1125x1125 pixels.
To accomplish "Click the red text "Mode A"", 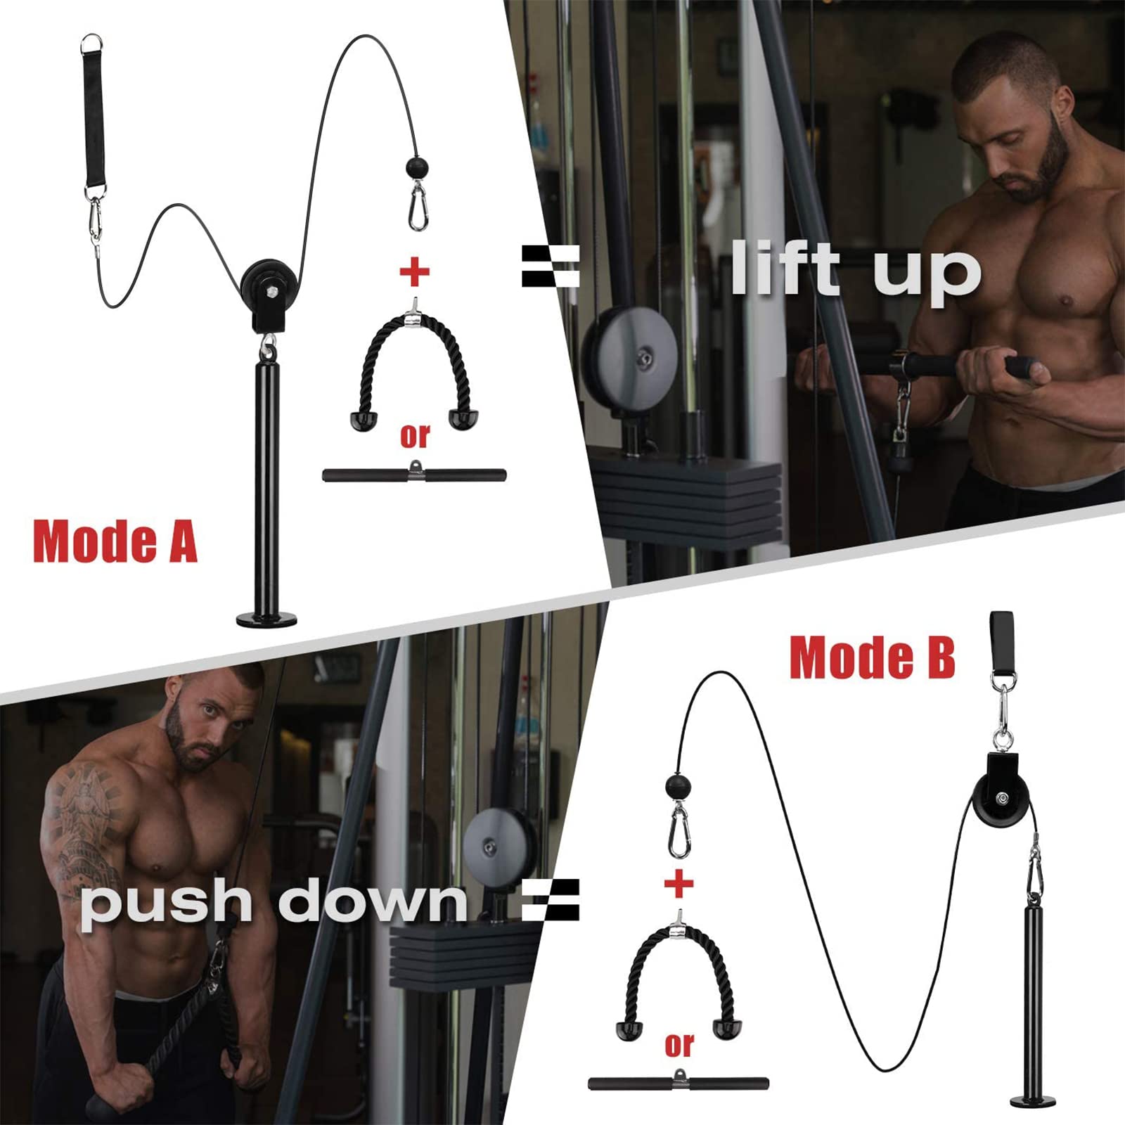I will pos(115,542).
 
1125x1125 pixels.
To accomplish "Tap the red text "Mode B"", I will pos(872,658).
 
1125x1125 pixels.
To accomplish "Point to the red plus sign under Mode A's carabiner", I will pos(415,271).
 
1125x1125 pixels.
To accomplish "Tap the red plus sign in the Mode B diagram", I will pos(679,883).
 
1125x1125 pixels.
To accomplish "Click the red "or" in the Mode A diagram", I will pos(415,436).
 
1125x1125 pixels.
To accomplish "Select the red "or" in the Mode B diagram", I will pos(679,1046).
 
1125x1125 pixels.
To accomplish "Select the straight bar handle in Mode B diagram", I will pos(679,1083).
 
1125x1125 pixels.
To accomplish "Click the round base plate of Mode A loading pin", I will pos(266,619).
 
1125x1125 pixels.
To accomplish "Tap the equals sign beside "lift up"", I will pos(551,266).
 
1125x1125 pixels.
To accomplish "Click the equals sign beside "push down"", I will pos(551,900).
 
